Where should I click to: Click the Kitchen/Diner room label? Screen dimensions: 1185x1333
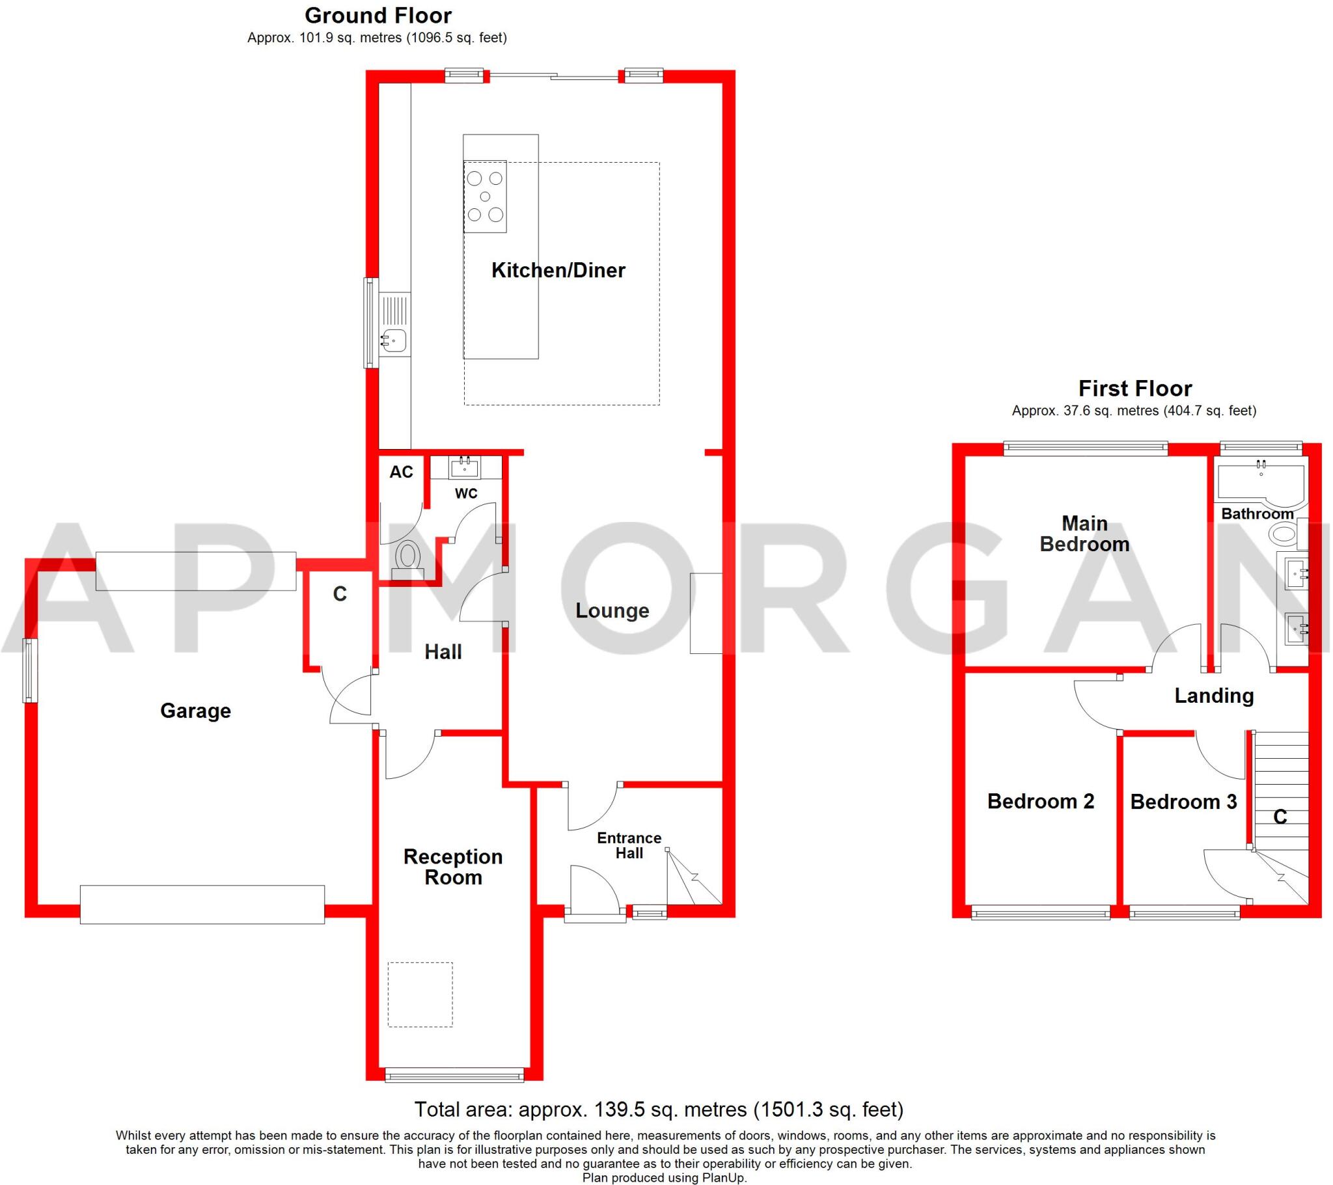tap(558, 270)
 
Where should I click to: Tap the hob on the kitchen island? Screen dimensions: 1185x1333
tap(484, 197)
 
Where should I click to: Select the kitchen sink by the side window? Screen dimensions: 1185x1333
tap(394, 340)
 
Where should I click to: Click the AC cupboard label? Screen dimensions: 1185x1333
tap(401, 472)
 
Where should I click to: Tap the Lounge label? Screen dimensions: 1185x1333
tap(612, 610)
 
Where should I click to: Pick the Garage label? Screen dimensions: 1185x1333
tap(196, 710)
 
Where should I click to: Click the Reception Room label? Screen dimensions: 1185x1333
tap(452, 866)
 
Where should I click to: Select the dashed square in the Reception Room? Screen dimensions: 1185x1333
tap(420, 994)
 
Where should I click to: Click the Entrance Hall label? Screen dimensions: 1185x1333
tap(629, 845)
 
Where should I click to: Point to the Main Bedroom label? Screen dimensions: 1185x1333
tap(1084, 534)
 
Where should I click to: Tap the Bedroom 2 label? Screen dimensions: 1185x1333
tap(1040, 801)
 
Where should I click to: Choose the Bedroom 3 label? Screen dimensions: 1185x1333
tap(1183, 802)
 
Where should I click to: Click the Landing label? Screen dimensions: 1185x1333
tap(1214, 696)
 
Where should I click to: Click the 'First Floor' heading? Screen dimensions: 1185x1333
tap(1134, 388)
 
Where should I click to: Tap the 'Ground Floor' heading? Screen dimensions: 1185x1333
tap(378, 16)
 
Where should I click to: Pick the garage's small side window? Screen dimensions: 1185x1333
tap(29, 670)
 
